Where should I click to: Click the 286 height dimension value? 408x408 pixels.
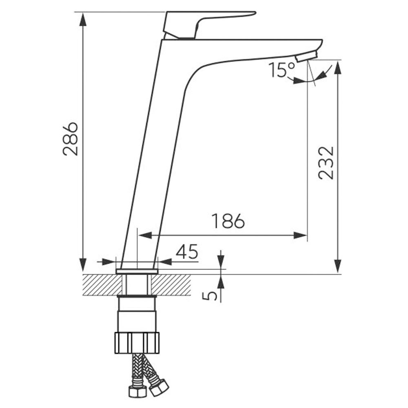point(70,139)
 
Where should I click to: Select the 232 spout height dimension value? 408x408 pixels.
point(326,163)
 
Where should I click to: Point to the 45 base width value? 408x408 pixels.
point(187,251)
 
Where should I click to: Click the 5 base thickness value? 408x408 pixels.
point(209,295)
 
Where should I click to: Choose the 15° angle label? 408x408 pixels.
point(282,70)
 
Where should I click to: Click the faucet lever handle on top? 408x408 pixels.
point(206,25)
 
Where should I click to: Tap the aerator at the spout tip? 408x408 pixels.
point(307,56)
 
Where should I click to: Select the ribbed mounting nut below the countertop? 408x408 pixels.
point(137,343)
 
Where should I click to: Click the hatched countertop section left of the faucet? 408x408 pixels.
point(103,285)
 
